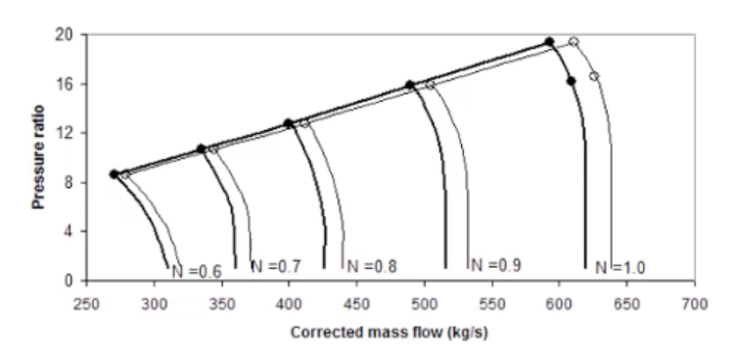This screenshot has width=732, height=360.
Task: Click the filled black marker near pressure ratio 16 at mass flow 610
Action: click(x=571, y=81)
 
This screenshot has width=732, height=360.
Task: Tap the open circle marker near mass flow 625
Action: click(x=594, y=75)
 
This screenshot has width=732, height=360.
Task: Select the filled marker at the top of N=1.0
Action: click(x=549, y=42)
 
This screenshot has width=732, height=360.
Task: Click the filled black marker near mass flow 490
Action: click(x=410, y=85)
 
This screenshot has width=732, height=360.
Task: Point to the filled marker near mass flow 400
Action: click(x=289, y=123)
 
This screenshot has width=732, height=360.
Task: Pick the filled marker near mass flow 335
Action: click(x=202, y=149)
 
